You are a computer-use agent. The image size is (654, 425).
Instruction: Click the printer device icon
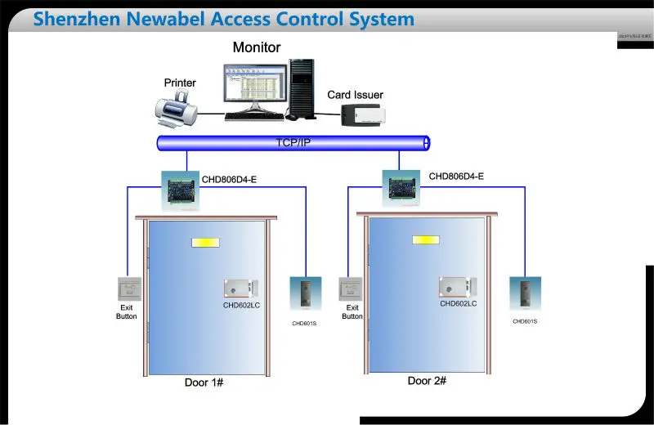pyautogui.click(x=178, y=108)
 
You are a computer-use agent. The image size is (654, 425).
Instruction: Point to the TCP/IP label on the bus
pyautogui.click(x=293, y=143)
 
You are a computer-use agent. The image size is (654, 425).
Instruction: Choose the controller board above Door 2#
pyautogui.click(x=401, y=186)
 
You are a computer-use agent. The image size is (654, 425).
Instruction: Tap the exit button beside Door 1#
pyautogui.click(x=127, y=290)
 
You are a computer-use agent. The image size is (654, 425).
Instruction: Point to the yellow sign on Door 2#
pyautogui.click(x=425, y=240)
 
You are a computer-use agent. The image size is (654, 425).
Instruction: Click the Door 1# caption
pyautogui.click(x=204, y=382)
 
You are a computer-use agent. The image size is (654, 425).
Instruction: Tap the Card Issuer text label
pyautogui.click(x=355, y=95)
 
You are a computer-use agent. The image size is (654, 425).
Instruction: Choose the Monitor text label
pyautogui.click(x=256, y=47)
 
